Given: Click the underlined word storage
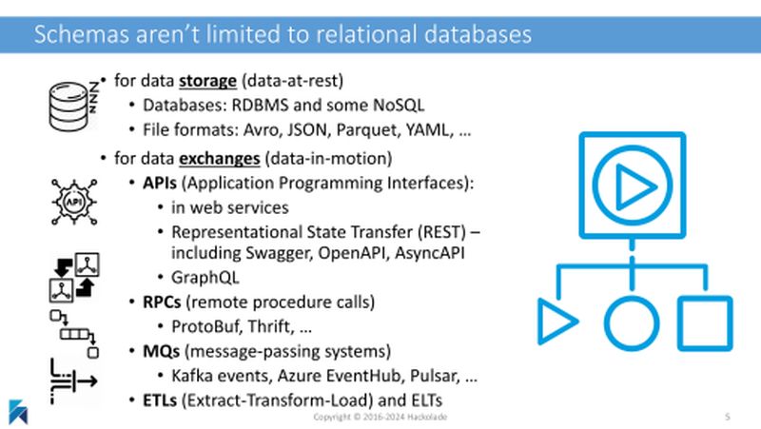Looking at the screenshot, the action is tap(207, 81).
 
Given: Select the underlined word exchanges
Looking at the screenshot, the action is tap(220, 158).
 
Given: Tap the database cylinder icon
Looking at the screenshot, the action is tap(68, 107).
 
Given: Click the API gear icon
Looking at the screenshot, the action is tap(74, 202).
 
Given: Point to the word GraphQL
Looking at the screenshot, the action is tap(205, 278).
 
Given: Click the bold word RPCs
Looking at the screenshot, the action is tap(162, 302).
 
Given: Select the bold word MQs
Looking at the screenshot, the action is tap(161, 351).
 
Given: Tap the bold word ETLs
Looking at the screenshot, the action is tap(160, 400).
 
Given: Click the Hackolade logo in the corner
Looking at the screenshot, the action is tap(18, 412).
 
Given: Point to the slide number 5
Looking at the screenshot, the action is tap(727, 417).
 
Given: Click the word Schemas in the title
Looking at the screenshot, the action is tap(82, 34).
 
